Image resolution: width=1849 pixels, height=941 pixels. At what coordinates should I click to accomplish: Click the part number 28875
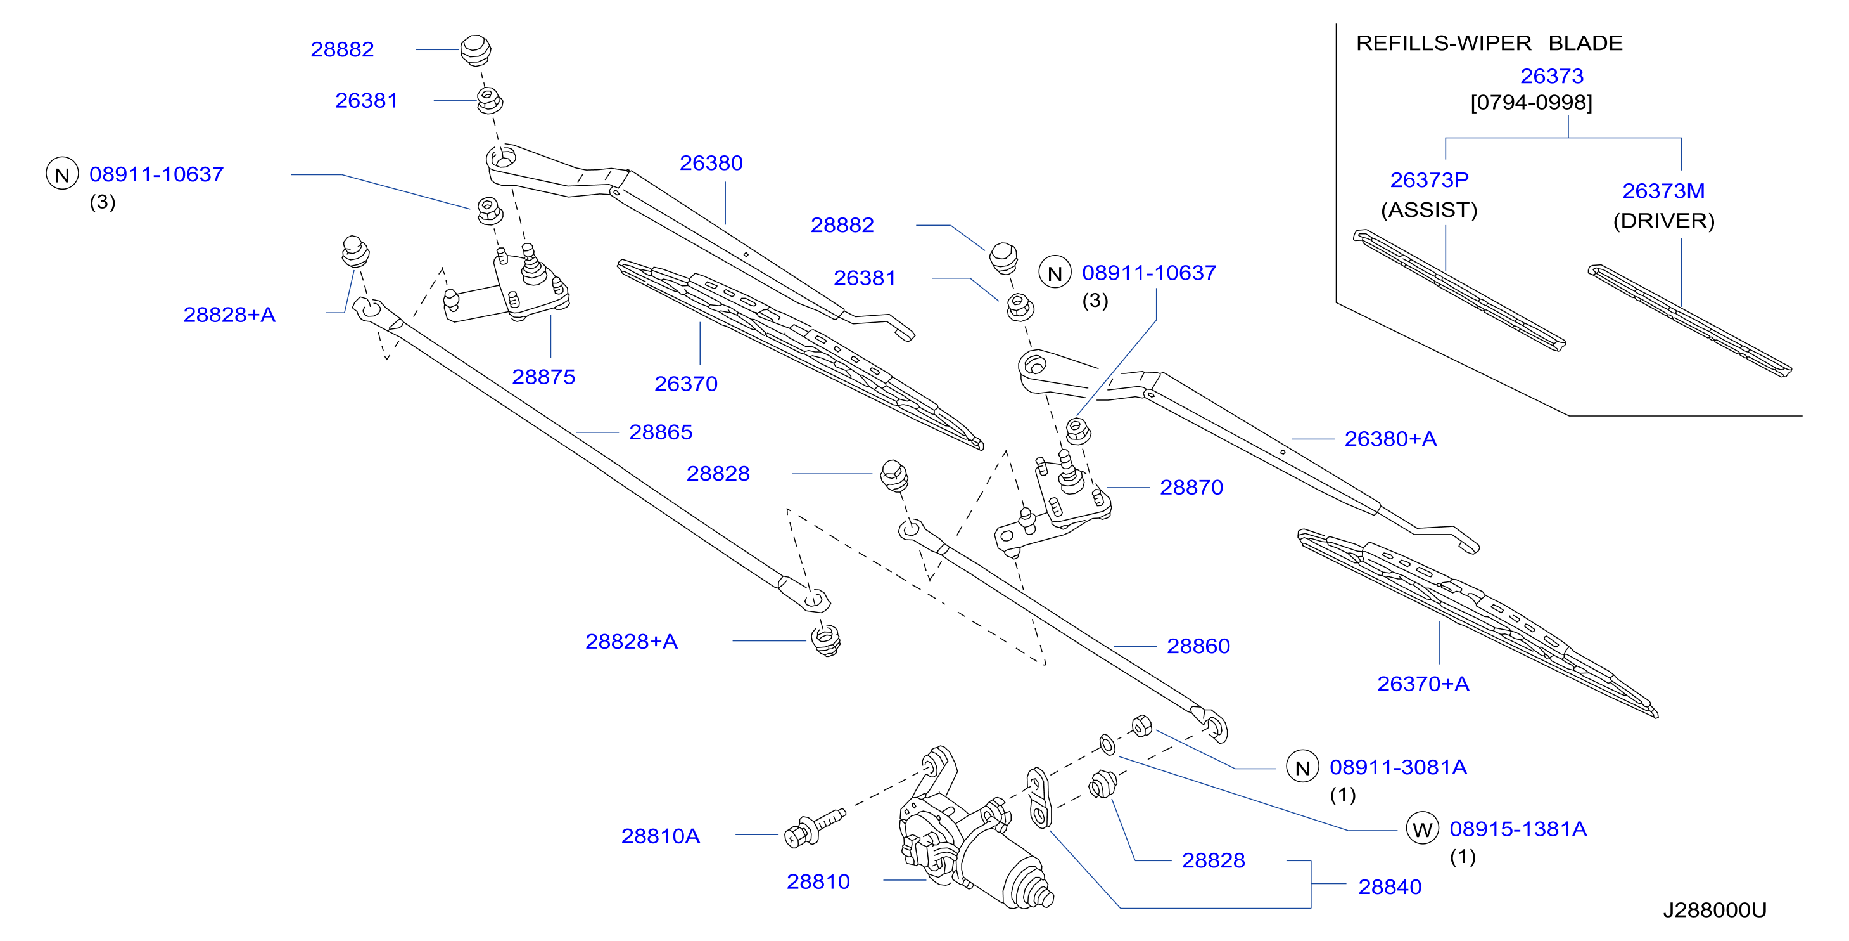pos(543,377)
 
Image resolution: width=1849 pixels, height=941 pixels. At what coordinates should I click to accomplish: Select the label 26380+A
pos(1390,439)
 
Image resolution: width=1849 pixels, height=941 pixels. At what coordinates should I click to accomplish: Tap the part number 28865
pos(660,432)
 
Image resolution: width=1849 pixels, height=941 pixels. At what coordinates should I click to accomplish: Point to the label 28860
pos(1198,647)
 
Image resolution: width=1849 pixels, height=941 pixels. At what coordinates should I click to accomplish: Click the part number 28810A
pos(660,836)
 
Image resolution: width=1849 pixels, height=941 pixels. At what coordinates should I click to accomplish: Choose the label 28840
pos(1390,887)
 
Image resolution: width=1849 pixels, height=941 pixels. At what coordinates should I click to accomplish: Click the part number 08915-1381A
pos(1518,829)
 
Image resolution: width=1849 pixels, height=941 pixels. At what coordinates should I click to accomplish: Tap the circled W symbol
pos(1422,829)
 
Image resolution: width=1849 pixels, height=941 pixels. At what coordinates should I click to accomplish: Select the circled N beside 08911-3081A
pos(1302,767)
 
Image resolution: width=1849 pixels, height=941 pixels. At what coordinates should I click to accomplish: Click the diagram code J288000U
pos(1715,910)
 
